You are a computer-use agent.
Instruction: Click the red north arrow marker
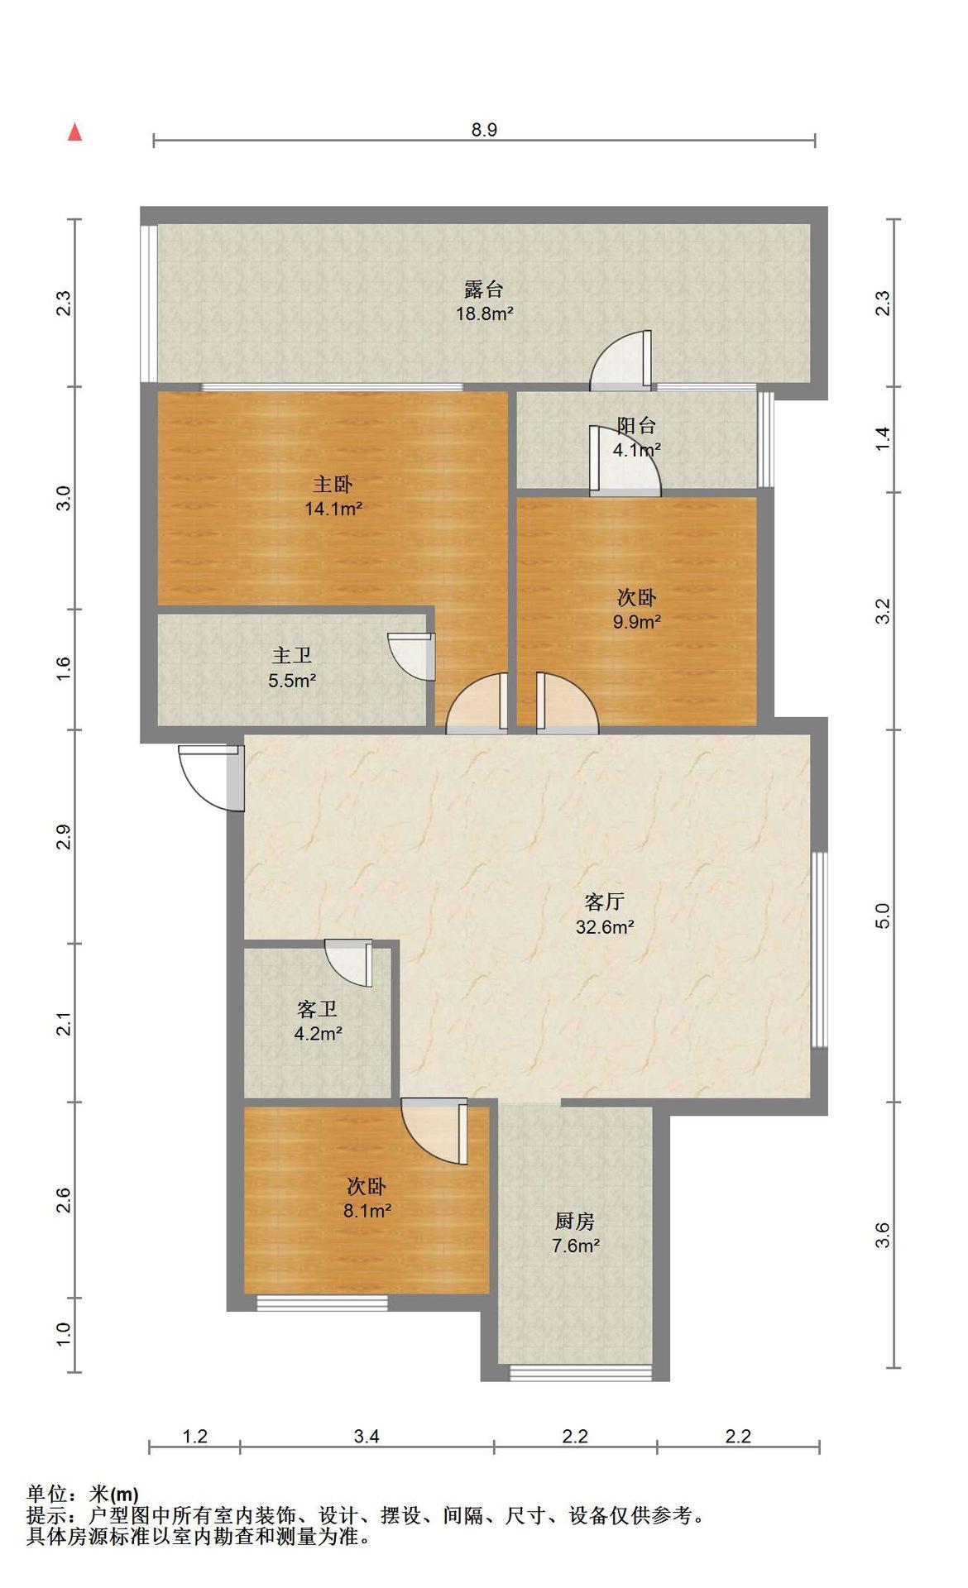pyautogui.click(x=74, y=132)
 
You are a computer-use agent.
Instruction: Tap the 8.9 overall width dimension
pyautogui.click(x=484, y=130)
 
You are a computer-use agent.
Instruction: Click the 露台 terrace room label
pyautogui.click(x=484, y=289)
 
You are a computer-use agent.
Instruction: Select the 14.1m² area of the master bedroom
pyautogui.click(x=333, y=509)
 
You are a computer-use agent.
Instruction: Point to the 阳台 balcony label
pyautogui.click(x=637, y=426)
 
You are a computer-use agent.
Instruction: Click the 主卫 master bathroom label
pyautogui.click(x=292, y=656)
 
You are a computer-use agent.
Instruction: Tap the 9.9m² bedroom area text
pyautogui.click(x=636, y=622)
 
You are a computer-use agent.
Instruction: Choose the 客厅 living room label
pyautogui.click(x=604, y=902)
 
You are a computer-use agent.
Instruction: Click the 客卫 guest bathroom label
pyautogui.click(x=318, y=1009)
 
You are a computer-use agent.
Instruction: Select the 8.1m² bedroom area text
pyautogui.click(x=367, y=1211)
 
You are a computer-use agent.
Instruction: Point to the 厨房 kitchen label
pyautogui.click(x=575, y=1221)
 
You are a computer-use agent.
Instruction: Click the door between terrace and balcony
pyautogui.click(x=621, y=361)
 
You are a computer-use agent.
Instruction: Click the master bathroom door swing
pyautogui.click(x=411, y=657)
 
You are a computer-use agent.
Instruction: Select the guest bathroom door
pyautogui.click(x=348, y=963)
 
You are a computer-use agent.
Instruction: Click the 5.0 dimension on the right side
pyautogui.click(x=882, y=916)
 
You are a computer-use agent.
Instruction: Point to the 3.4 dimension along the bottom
pyautogui.click(x=367, y=1436)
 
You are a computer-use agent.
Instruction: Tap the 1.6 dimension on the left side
pyautogui.click(x=64, y=669)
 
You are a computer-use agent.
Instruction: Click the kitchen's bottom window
pyautogui.click(x=580, y=1373)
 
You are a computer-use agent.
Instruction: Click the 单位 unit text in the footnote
pyautogui.click(x=46, y=1495)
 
